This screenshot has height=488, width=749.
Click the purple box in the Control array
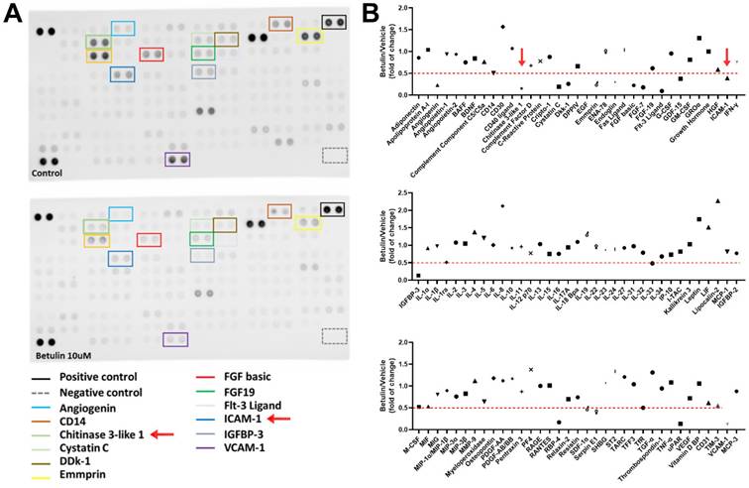click(x=177, y=159)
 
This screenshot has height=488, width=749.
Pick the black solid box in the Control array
click(x=334, y=22)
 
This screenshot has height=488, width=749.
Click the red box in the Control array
click(x=152, y=55)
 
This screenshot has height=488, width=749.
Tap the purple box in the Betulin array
click(x=175, y=339)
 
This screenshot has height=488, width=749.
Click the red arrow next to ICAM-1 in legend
click(x=278, y=420)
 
